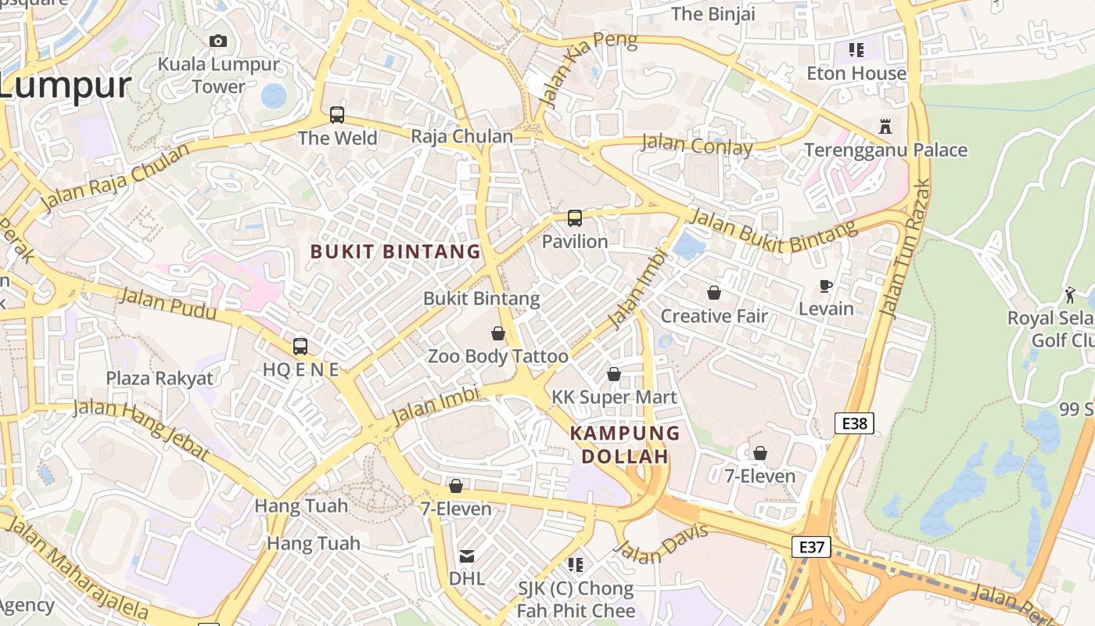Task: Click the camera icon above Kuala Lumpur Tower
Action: coord(218,41)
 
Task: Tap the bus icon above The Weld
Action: coord(337,115)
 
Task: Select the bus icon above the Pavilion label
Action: coord(575,218)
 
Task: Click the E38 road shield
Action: coord(854,423)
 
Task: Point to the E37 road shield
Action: coord(811,546)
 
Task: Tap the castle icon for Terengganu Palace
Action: coord(885,126)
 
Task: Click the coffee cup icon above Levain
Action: coord(826,286)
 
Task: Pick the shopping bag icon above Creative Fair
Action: coord(714,293)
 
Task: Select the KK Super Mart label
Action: coord(615,398)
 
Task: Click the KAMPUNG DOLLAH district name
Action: coord(625,444)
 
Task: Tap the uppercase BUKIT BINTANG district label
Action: coord(396,251)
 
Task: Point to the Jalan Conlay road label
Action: coord(697,145)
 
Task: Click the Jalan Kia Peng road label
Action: coord(588,69)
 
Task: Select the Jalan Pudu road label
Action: coord(167,304)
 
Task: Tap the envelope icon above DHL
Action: coord(467,556)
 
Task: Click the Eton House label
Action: coord(856,74)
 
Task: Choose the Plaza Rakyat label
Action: coord(160,379)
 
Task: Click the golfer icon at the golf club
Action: coord(1070,295)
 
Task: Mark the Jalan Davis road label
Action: coord(662,543)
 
